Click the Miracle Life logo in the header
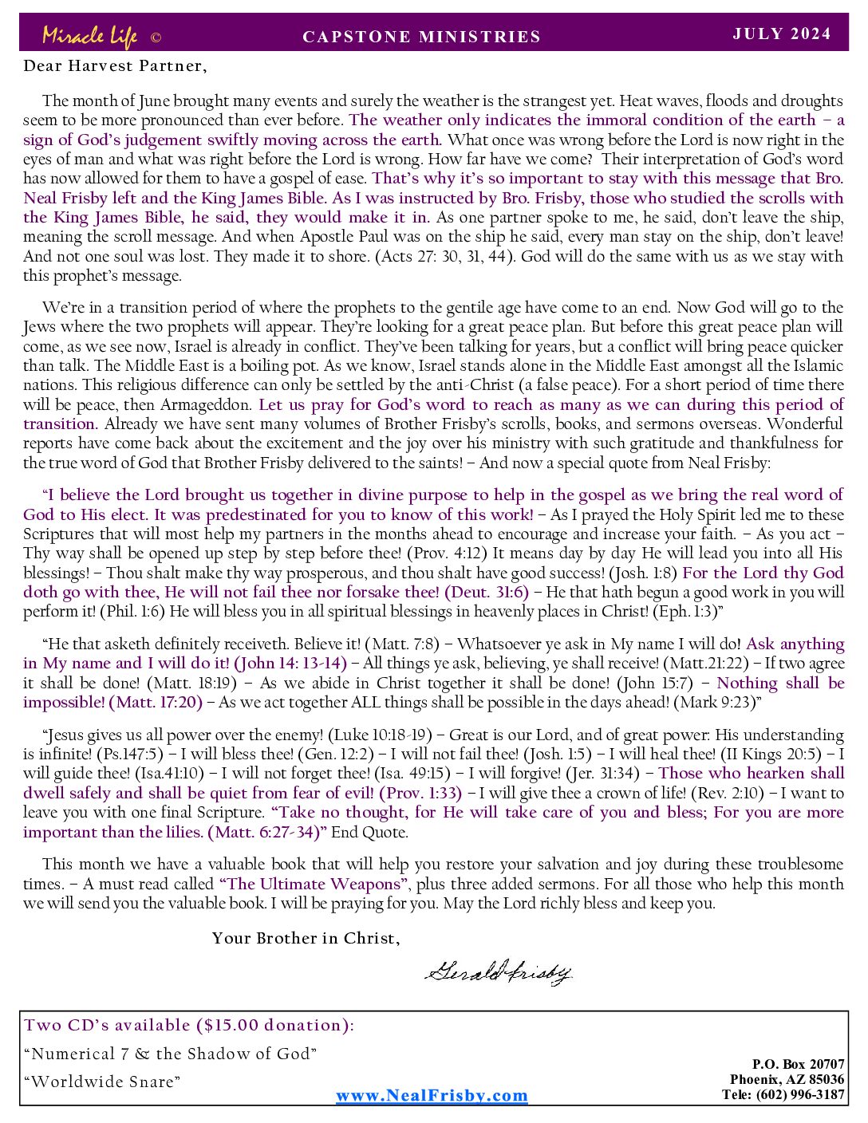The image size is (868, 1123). (89, 36)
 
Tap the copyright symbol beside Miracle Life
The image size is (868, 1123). (156, 37)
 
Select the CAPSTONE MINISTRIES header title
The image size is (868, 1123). (422, 37)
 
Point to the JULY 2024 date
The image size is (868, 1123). (782, 33)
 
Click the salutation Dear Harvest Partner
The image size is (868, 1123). (115, 66)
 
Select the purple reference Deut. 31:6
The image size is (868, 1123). (486, 592)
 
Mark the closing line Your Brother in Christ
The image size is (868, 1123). (306, 939)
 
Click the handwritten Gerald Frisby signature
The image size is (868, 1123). (499, 971)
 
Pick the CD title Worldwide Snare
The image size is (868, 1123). (102, 1082)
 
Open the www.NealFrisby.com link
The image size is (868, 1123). (432, 1096)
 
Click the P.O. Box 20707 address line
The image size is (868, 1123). (798, 1064)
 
